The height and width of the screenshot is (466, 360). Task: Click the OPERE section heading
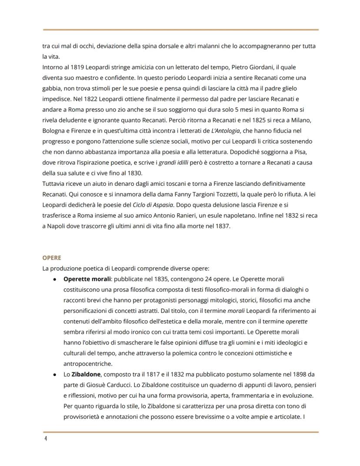[51, 258]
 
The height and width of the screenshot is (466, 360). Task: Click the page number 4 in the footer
[45, 438]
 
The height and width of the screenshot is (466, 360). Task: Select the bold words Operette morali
[87, 278]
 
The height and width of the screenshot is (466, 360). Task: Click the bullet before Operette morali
[54, 279]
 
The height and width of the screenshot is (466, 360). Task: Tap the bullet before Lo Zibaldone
[54, 375]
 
